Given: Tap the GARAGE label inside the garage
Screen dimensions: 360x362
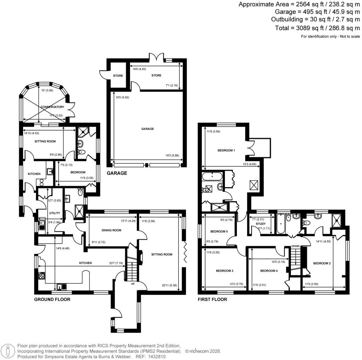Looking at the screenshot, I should tap(147, 129).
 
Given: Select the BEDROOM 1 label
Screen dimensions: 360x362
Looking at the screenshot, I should tap(227, 150).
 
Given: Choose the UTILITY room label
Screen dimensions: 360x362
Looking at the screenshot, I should tap(55, 213).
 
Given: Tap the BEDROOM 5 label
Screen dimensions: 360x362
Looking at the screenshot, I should tap(219, 232).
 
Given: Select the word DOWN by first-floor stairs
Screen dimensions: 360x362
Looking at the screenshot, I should tap(296, 246).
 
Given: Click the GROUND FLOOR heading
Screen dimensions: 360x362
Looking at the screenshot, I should tap(52, 300).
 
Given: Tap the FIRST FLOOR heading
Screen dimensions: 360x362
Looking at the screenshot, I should tap(212, 300).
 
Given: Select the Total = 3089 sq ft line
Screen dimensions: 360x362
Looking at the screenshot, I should tap(317, 28).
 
